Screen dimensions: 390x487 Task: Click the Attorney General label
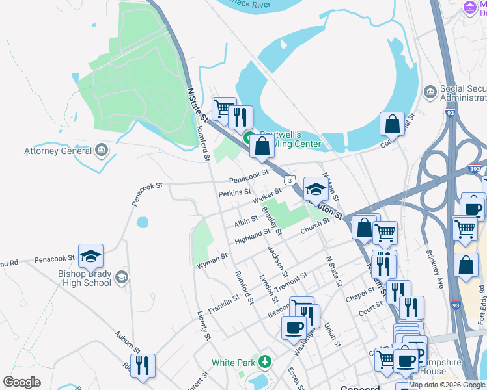pos(57,151)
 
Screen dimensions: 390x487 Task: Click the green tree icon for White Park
pos(264,361)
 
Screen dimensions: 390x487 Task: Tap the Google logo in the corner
pos(22,382)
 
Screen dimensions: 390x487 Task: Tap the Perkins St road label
pos(234,192)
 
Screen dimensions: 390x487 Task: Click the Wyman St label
pos(212,261)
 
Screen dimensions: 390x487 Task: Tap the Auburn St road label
pos(127,341)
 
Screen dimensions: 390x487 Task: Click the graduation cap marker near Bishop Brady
pos(90,255)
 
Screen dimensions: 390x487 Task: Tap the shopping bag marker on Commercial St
pos(393,123)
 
